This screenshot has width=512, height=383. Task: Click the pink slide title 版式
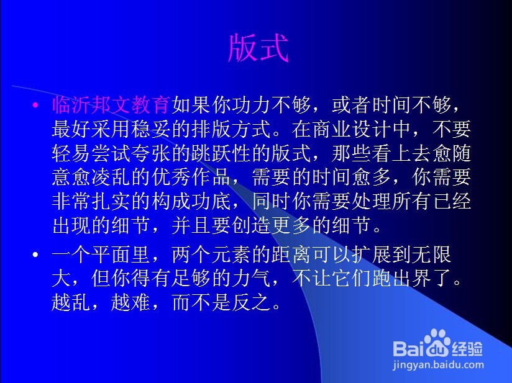pos(258,48)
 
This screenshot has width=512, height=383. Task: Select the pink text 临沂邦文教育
pos(111,105)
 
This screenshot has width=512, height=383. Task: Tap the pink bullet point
pos(35,105)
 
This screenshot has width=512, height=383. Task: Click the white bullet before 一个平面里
pos(35,255)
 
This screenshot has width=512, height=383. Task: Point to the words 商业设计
pos(351,129)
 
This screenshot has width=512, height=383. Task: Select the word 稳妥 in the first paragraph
pos(151,129)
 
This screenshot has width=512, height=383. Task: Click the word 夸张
pos(151,153)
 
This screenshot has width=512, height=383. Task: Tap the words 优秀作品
pos(191,177)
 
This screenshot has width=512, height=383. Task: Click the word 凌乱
pos(111,177)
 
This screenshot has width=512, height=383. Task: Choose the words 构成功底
pos(191,201)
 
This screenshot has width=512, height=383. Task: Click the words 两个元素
pos(211,255)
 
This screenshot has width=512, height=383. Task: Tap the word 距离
pos(291,255)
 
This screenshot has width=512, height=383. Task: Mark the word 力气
pos(251,278)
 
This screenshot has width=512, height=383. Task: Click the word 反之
pos(251,302)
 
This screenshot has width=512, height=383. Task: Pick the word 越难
pos(130,302)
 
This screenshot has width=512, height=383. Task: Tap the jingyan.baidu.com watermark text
pos(438,365)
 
